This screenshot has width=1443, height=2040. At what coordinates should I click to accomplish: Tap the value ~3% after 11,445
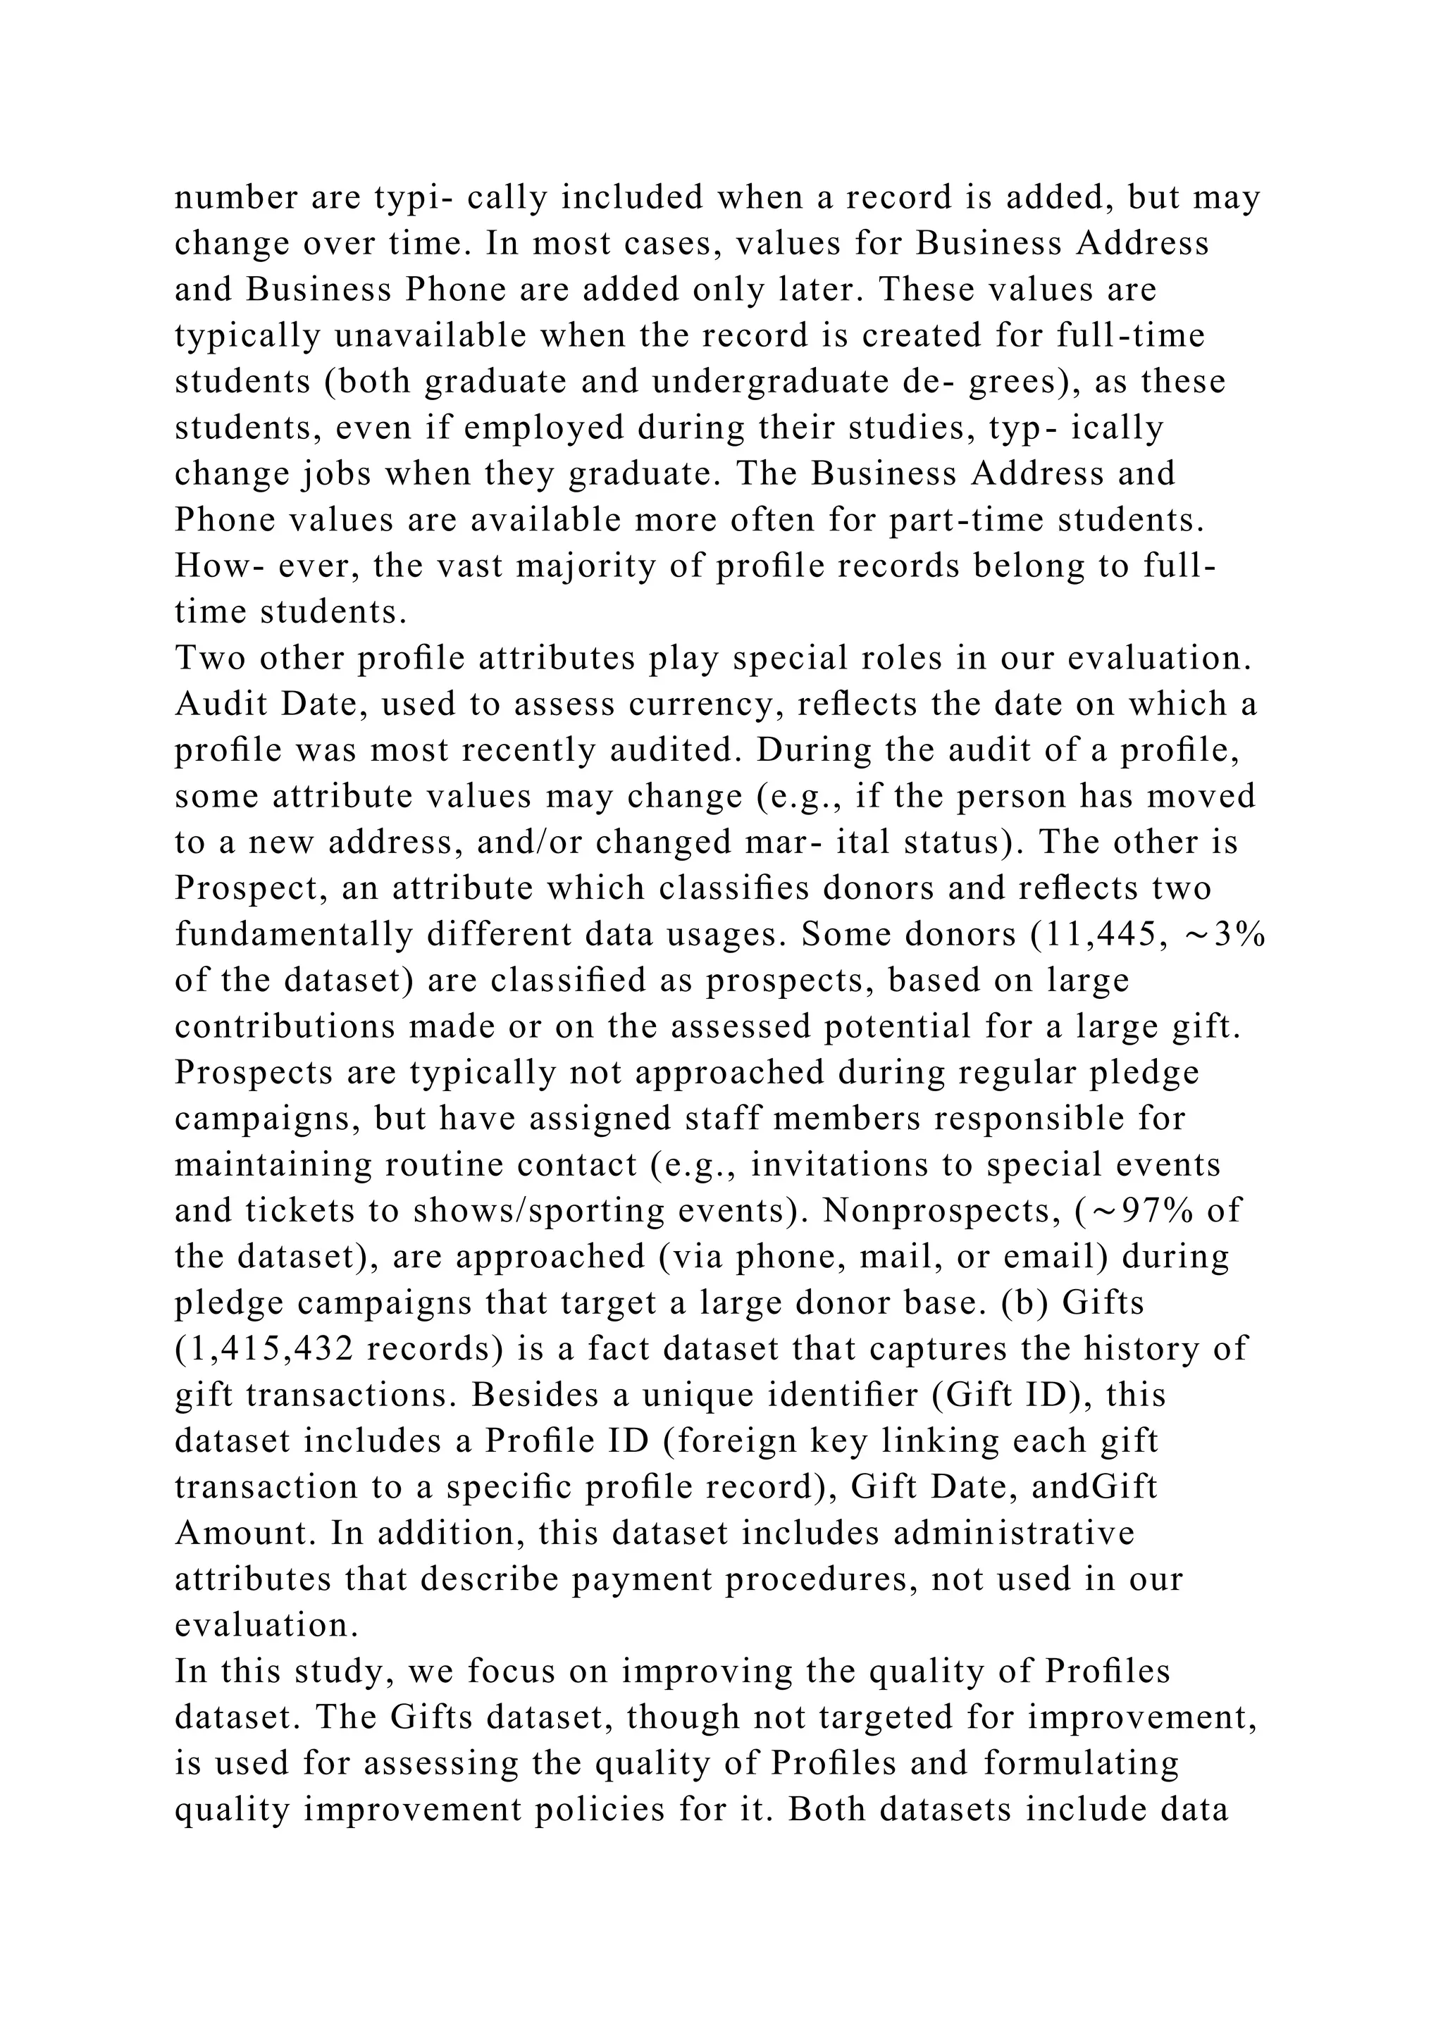(x=1225, y=935)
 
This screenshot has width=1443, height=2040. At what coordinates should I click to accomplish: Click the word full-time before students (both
(x=1131, y=335)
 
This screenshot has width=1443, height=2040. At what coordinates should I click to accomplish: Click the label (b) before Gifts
(x=1024, y=1302)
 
